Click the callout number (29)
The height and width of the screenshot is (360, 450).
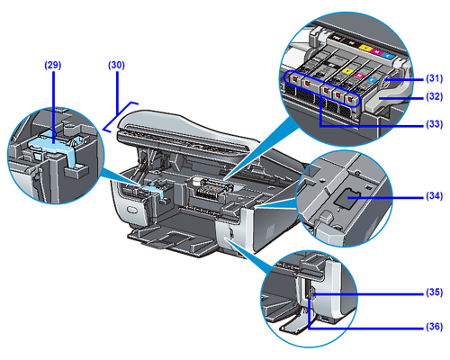53,65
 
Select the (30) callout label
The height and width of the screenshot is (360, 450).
116,65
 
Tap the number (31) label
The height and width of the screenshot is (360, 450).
435,78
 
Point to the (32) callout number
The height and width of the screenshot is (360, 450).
435,97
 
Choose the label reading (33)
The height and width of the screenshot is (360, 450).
435,124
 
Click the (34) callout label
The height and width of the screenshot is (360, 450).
435,196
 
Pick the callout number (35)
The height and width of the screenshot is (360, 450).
435,292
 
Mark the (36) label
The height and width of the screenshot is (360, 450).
435,327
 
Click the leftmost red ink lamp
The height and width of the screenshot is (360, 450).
295,78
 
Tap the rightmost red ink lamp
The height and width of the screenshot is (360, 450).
350,99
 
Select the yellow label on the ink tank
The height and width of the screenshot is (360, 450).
347,71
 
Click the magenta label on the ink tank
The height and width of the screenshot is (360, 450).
358,76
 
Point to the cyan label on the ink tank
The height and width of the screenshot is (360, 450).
372,80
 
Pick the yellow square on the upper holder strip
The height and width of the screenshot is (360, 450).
364,48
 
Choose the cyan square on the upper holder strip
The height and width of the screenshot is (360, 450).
387,55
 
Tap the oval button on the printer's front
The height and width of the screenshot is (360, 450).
132,209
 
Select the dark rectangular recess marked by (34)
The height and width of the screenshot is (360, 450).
347,198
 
